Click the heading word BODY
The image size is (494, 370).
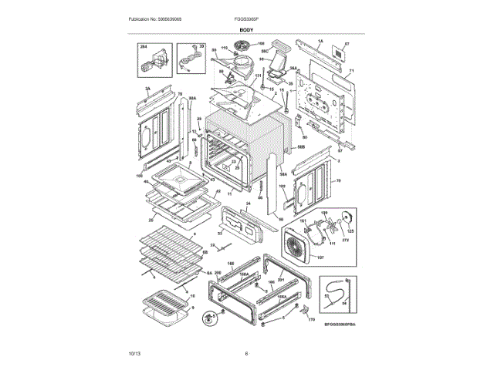[x=246, y=29]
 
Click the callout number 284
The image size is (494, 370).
[x=143, y=48]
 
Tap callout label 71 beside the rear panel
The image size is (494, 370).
[x=351, y=72]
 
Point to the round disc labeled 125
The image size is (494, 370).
[x=347, y=219]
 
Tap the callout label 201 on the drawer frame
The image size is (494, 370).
[x=281, y=279]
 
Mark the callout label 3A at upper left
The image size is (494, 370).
[x=147, y=89]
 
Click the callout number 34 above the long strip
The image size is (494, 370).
[x=249, y=203]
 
